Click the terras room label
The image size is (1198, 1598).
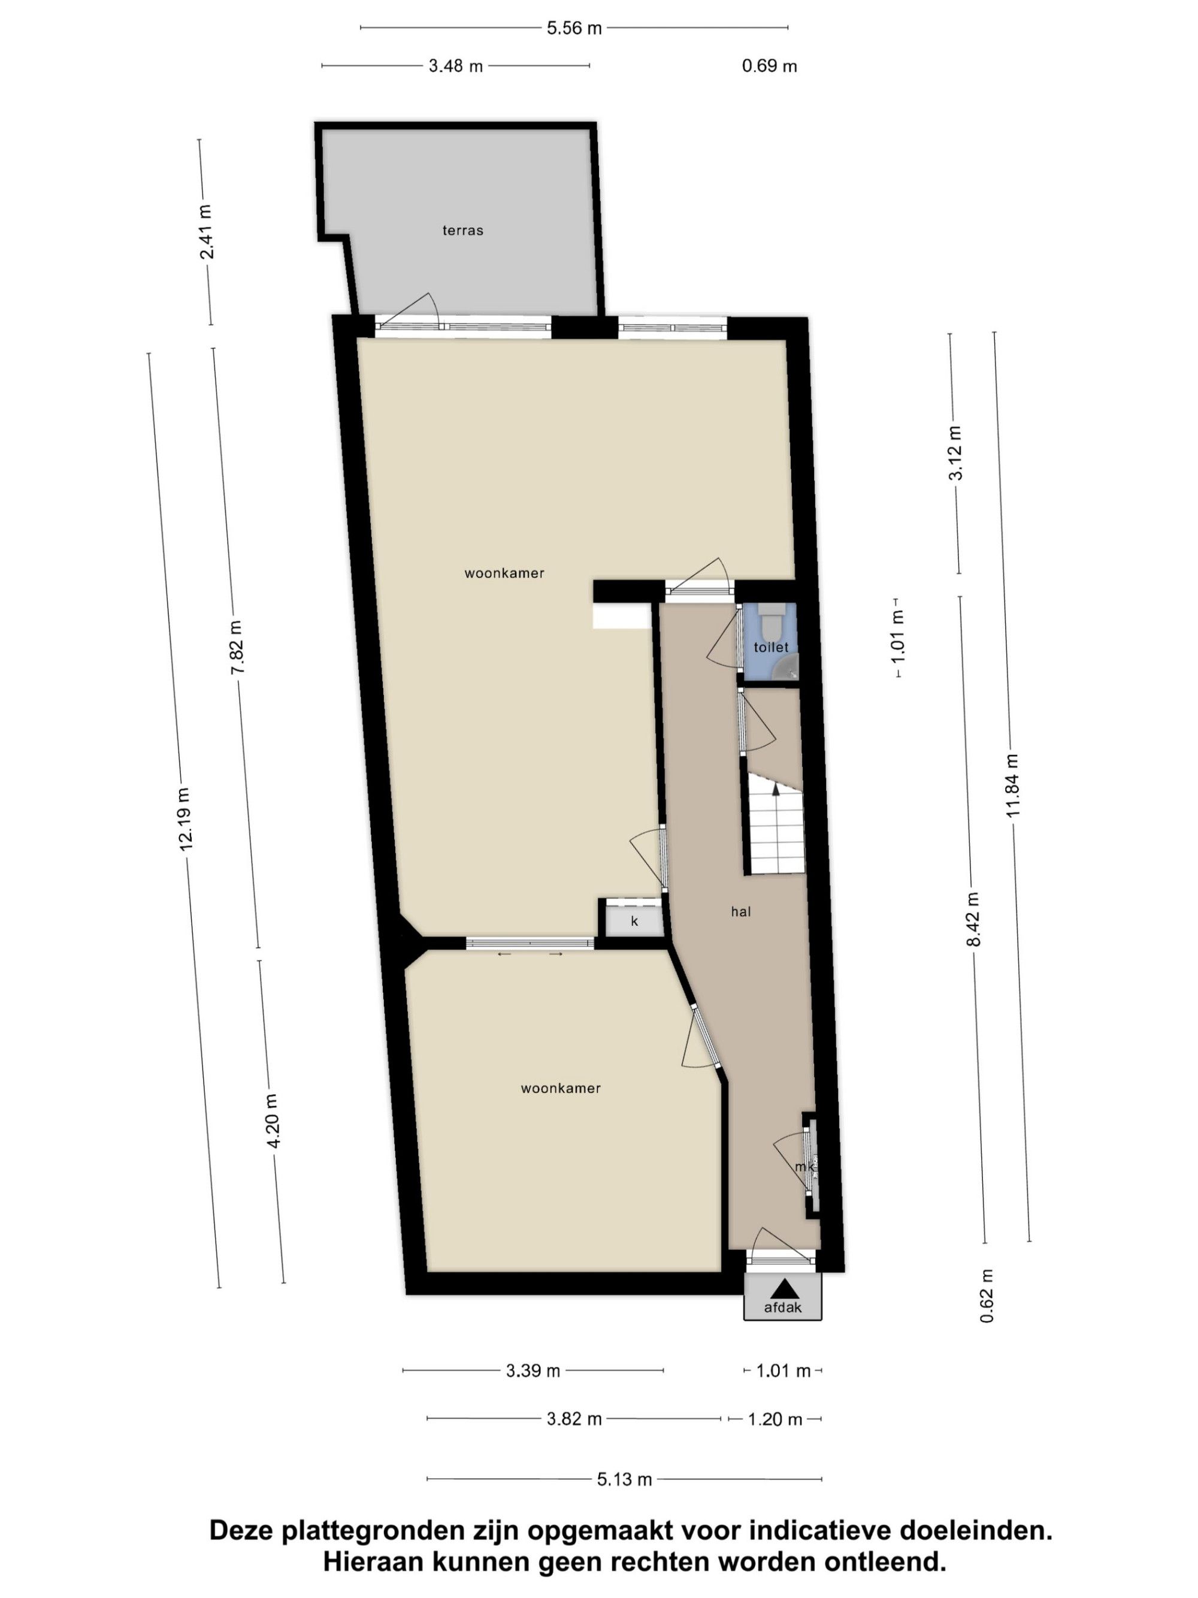pos(462,231)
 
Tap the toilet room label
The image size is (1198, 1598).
pos(770,647)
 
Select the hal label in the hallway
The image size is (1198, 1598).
pos(741,912)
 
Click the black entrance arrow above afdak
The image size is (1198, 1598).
pos(783,1289)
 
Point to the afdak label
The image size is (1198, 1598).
pos(783,1307)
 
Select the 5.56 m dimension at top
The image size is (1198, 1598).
pos(574,28)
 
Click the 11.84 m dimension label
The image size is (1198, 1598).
pos(1012,786)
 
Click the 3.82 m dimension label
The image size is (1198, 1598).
pos(574,1419)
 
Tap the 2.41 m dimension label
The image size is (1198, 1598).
pos(207,232)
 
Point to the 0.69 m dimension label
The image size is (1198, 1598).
pos(769,66)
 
